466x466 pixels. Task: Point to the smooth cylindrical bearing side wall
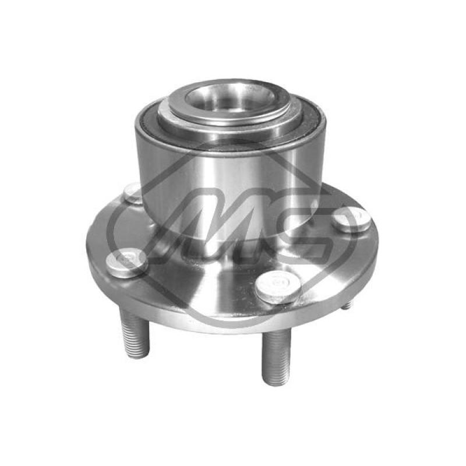pos(229,184)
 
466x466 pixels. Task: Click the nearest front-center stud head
pos(278,287)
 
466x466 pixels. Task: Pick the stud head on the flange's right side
pos(352,220)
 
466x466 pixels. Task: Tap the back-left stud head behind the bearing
pos(132,193)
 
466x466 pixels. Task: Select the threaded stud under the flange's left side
pos(134,333)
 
